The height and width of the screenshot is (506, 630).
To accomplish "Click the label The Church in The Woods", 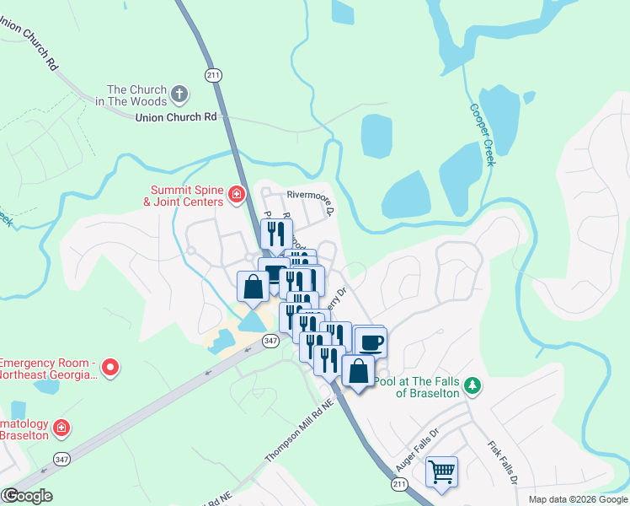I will click(136, 95).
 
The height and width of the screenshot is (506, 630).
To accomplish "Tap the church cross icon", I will click(179, 93).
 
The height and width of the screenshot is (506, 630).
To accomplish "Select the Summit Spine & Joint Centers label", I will click(187, 196).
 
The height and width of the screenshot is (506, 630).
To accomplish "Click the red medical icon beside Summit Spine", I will click(237, 196).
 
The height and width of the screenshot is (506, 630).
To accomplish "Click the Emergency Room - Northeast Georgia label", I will click(47, 368).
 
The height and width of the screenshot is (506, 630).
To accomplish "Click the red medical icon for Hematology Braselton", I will click(61, 429).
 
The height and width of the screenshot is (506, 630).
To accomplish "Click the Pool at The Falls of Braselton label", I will click(418, 387).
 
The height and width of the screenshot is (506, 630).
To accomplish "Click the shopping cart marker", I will click(441, 471).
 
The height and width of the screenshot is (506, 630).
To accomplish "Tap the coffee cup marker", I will click(371, 342).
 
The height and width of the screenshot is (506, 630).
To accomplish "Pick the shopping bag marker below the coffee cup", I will click(359, 371).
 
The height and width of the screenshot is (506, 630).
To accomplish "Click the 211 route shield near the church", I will click(213, 76).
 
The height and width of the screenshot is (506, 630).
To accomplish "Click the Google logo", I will click(27, 496).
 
